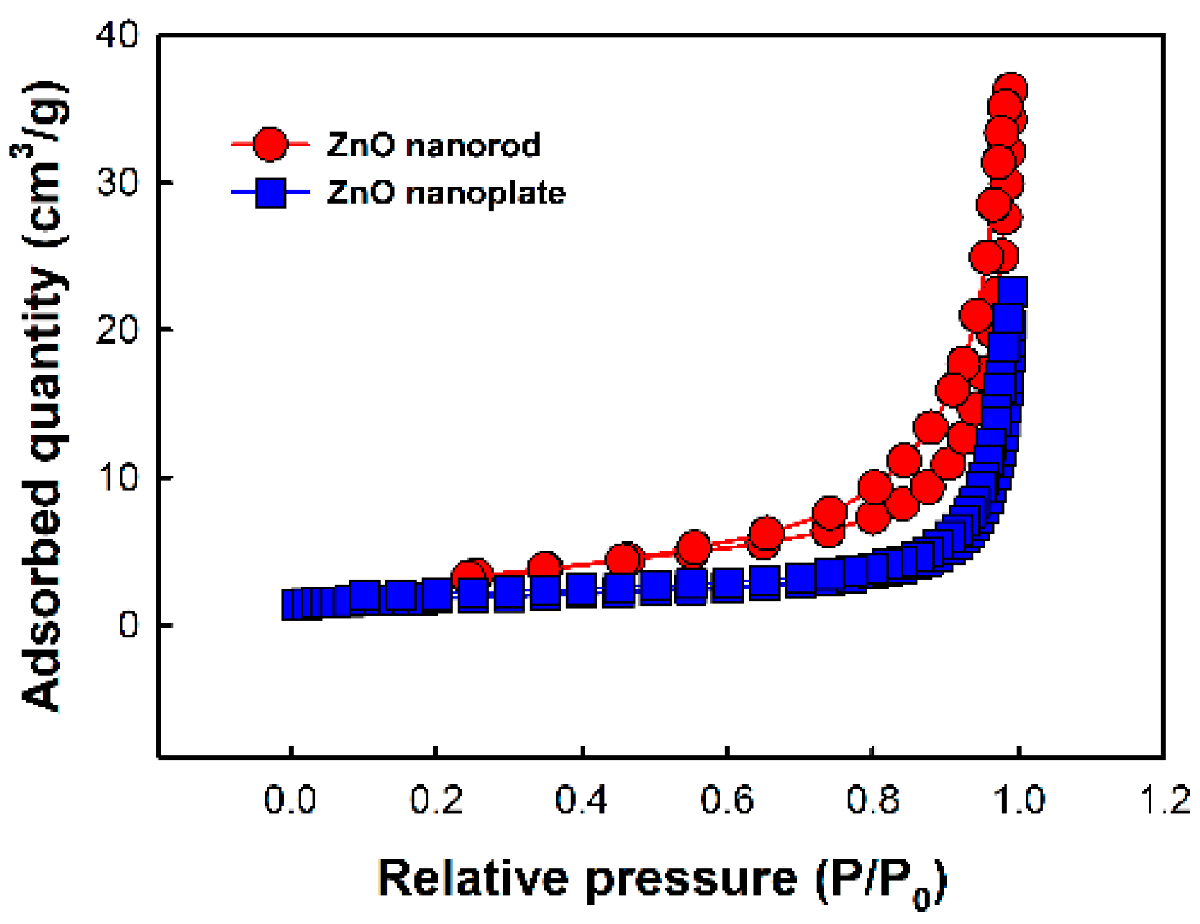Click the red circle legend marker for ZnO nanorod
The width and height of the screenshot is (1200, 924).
pyautogui.click(x=269, y=145)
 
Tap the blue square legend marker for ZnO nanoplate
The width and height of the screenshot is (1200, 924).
pyautogui.click(x=270, y=192)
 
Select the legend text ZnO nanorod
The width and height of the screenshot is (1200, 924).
pyautogui.click(x=433, y=145)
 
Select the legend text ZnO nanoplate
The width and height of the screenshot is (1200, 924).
pyautogui.click(x=446, y=192)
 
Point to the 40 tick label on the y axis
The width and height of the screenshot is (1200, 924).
pyautogui.click(x=117, y=34)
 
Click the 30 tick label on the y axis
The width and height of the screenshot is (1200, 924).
pyautogui.click(x=117, y=183)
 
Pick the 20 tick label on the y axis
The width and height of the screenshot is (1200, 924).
pyautogui.click(x=117, y=330)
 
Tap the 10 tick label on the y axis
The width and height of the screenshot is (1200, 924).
pyautogui.click(x=117, y=478)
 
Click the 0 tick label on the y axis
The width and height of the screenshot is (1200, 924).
pyautogui.click(x=128, y=625)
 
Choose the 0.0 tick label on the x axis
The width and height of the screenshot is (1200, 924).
pyautogui.click(x=290, y=800)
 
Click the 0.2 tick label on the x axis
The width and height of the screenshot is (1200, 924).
pyautogui.click(x=435, y=800)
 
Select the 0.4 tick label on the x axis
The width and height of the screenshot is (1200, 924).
pyautogui.click(x=581, y=800)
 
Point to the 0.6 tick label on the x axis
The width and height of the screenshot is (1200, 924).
pyautogui.click(x=726, y=800)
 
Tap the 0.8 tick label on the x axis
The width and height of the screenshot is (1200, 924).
pyautogui.click(x=872, y=800)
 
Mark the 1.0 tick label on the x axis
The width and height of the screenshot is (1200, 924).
pyautogui.click(x=1018, y=800)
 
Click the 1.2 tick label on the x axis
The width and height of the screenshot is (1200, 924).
pyautogui.click(x=1165, y=800)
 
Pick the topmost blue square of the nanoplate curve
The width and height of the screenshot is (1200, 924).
pyautogui.click(x=1012, y=292)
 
